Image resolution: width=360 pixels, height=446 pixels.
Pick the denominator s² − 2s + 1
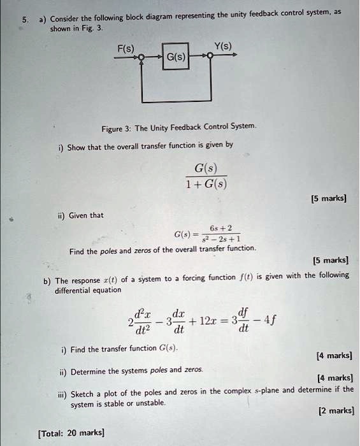coord(227,239)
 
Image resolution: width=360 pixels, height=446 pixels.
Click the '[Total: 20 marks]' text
coord(71,433)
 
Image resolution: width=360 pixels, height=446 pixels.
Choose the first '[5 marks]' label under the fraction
coord(328,199)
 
